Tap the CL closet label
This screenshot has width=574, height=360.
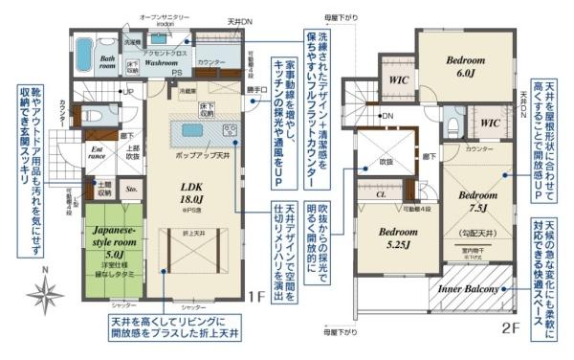point(381,194)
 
